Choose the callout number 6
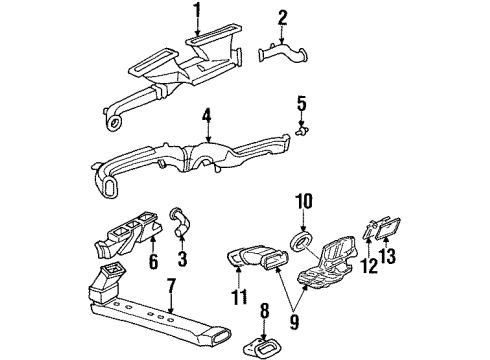click(153, 262)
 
